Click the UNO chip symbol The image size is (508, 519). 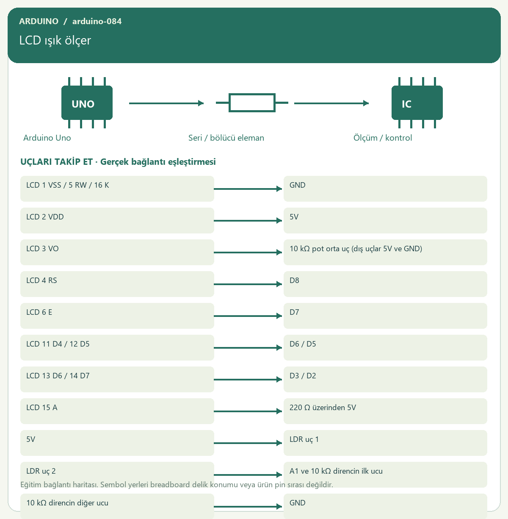pyautogui.click(x=87, y=103)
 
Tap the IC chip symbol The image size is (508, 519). pyautogui.click(x=417, y=103)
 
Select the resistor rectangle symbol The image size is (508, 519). pyautogui.click(x=252, y=103)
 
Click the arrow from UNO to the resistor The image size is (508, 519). pyautogui.click(x=166, y=103)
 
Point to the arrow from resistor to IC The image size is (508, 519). pyautogui.click(x=331, y=103)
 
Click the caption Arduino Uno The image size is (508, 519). pyautogui.click(x=47, y=138)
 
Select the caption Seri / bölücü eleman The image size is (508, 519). pyautogui.click(x=226, y=138)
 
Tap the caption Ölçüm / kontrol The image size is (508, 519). pyautogui.click(x=383, y=138)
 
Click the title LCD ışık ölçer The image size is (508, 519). pyautogui.click(x=55, y=41)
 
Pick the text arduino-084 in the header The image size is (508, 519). pyautogui.click(x=97, y=21)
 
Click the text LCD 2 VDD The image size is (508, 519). pyautogui.click(x=45, y=217)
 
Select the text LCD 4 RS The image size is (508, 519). pyautogui.click(x=42, y=280)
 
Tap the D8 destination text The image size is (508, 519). pyautogui.click(x=294, y=280)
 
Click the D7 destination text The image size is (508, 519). pyautogui.click(x=294, y=312)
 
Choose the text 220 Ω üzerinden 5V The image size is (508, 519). pyautogui.click(x=323, y=408)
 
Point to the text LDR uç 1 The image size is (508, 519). pyautogui.click(x=304, y=439)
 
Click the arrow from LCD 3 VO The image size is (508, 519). pyautogui.click(x=248, y=253)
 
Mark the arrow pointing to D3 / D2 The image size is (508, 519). pyautogui.click(x=248, y=380)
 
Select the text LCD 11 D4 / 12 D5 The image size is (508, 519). pyautogui.click(x=58, y=344)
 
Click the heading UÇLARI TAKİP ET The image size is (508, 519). pyautogui.click(x=57, y=162)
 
